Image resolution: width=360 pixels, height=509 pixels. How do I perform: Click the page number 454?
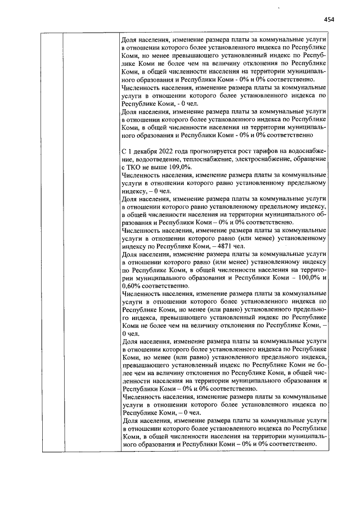pyautogui.click(x=329, y=19)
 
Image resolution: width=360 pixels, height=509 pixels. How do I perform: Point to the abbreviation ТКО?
pyautogui.click(x=135, y=168)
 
